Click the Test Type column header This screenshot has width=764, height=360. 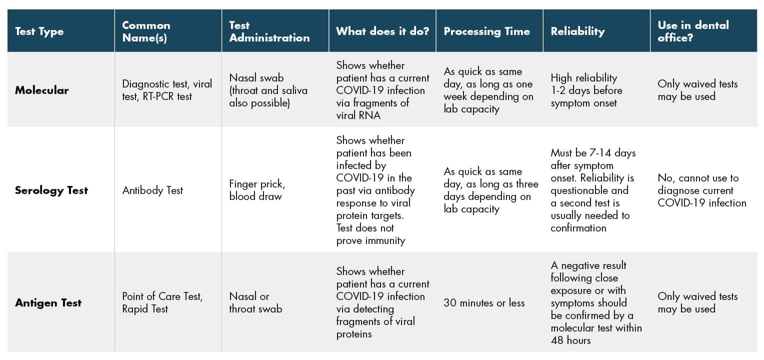pos(39,31)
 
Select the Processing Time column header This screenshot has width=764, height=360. pos(486,31)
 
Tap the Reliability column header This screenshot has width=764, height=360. pos(577,31)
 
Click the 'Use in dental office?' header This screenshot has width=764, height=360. pos(693,31)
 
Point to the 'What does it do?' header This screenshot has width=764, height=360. pos(382,31)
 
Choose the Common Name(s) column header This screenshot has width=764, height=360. pos(146,31)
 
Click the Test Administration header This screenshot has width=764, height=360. pos(269,31)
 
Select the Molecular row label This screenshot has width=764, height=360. pos(41,90)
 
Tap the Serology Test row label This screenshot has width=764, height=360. pos(51,190)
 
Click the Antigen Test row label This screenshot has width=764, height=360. pos(48,302)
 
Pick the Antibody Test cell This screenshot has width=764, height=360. pos(152,190)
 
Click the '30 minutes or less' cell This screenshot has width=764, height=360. pos(484,302)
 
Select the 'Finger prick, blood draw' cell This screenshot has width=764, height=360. pos(257,190)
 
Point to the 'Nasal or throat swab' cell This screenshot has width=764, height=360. pos(255,302)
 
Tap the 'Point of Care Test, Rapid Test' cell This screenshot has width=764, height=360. pos(162,302)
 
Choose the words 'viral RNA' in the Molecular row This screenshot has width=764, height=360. pos(358,115)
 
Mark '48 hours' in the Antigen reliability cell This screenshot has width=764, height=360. pos(570,340)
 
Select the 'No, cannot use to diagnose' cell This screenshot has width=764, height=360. pos(701,190)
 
